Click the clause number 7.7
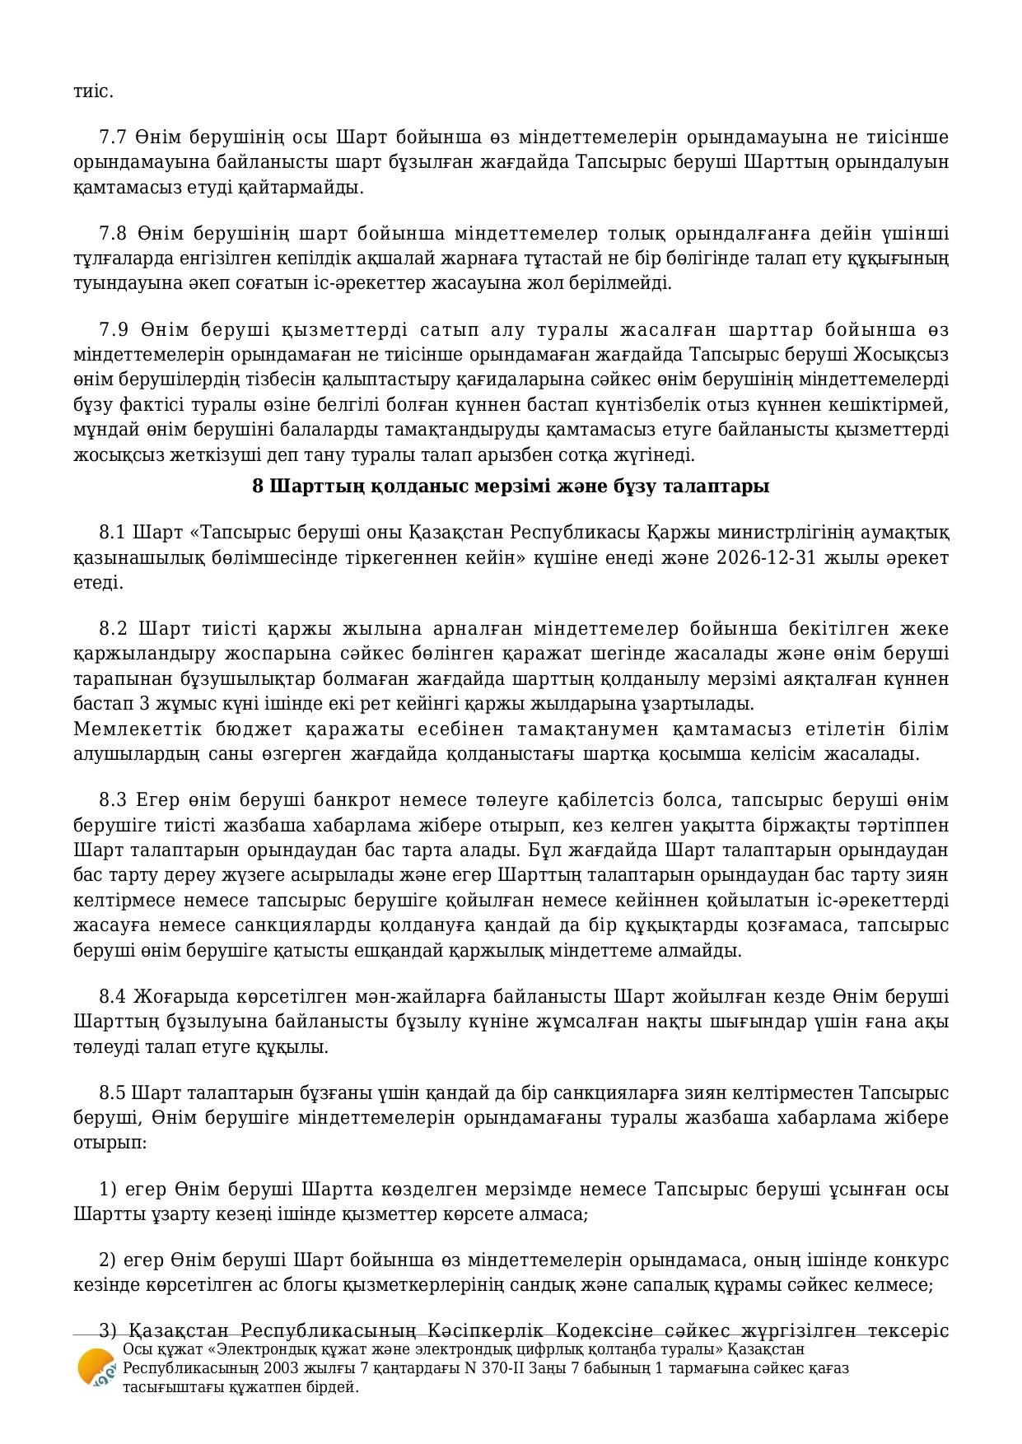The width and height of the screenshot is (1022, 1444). [x=113, y=137]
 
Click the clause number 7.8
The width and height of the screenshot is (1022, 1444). [x=113, y=233]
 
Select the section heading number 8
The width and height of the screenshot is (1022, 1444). [x=258, y=487]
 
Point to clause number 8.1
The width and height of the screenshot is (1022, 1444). [x=112, y=533]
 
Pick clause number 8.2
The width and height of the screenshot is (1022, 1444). [x=113, y=629]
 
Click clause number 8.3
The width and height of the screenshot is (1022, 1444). [x=113, y=800]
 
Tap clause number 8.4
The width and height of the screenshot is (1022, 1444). [x=113, y=997]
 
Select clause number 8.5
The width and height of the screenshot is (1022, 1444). [x=113, y=1093]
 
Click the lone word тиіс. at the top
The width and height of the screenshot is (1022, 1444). [x=93, y=91]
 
